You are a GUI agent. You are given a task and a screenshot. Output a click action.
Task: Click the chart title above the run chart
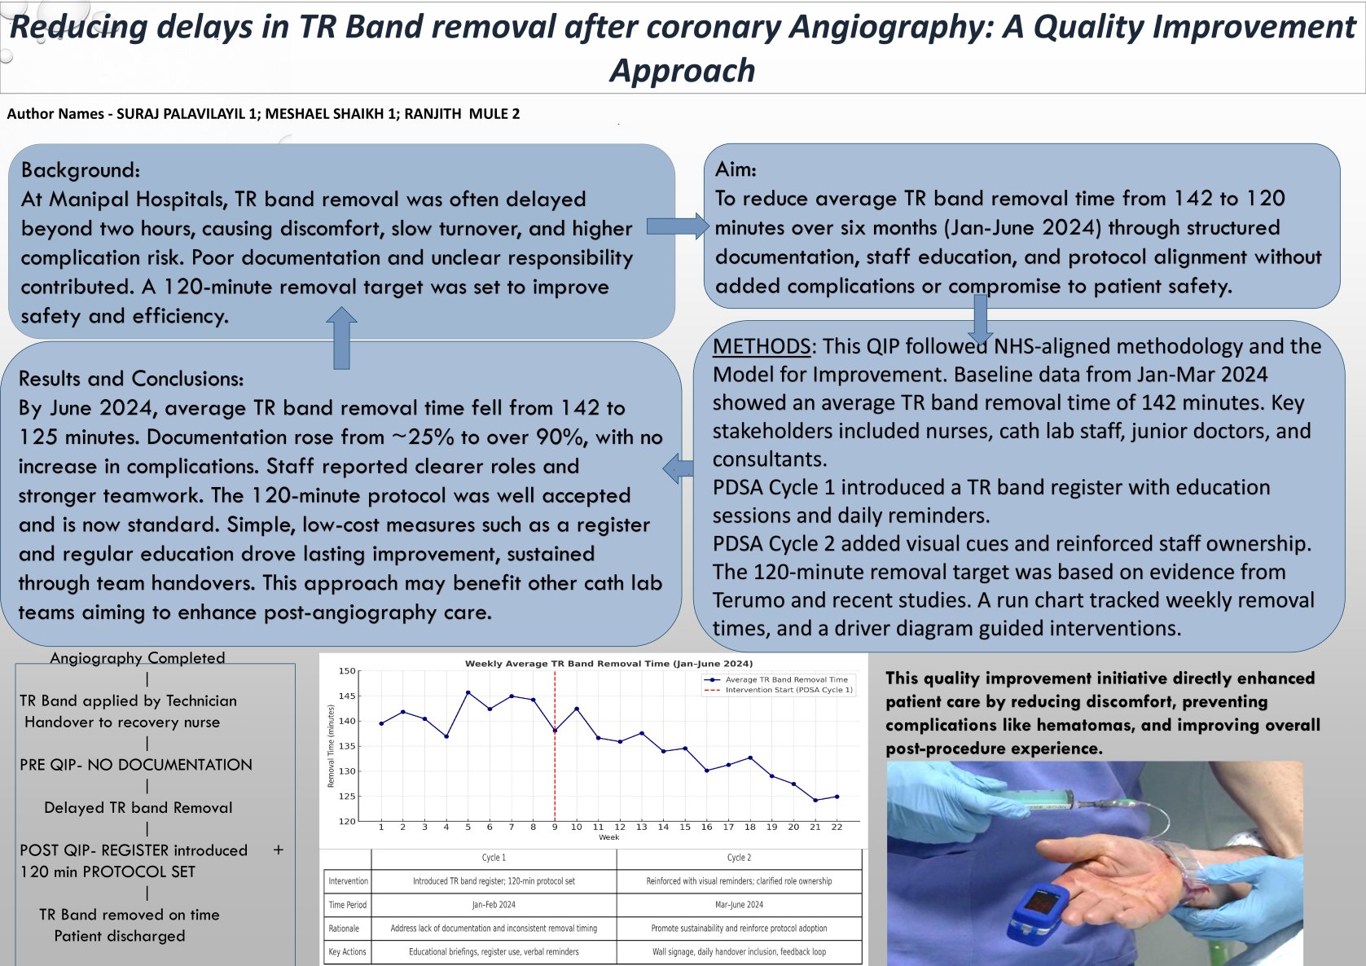(x=608, y=664)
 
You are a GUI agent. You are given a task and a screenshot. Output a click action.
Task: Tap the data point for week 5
(x=468, y=692)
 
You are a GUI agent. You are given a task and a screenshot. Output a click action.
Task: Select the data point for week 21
(x=815, y=801)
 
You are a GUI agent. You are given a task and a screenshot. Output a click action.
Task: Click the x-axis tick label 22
(x=837, y=827)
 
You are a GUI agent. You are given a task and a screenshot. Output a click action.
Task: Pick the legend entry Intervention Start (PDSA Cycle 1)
(x=788, y=690)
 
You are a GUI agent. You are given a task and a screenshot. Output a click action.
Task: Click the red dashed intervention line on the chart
(x=555, y=757)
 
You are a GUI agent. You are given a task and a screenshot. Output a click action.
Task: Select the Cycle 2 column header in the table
(x=739, y=858)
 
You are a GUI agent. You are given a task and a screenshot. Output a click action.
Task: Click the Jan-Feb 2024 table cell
(x=494, y=905)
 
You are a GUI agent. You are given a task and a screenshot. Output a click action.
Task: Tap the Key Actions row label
(x=347, y=951)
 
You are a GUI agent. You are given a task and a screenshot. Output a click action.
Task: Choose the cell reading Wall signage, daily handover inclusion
(x=739, y=951)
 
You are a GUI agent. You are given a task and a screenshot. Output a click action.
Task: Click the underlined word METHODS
(x=761, y=346)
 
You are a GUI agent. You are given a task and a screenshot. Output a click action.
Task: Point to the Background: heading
(x=81, y=170)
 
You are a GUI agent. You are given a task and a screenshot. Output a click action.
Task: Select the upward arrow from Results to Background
(x=341, y=337)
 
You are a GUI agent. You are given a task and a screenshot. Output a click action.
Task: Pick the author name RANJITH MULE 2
(x=462, y=114)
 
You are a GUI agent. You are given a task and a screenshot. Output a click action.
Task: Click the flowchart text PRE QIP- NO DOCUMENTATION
(x=136, y=765)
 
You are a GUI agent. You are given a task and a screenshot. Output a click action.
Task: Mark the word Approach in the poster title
(x=683, y=71)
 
